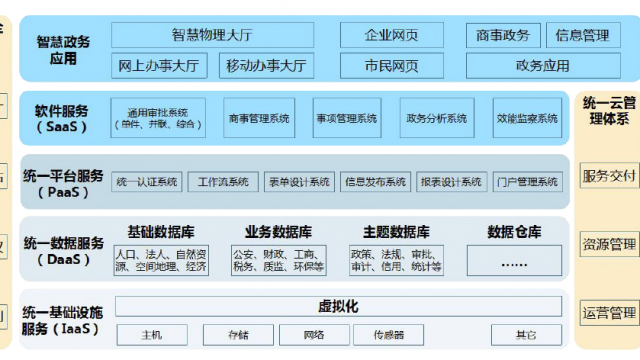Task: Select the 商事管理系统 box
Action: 258,118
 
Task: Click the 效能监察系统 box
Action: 527,118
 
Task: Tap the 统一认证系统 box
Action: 147,182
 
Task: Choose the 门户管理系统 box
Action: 527,182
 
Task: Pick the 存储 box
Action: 238,334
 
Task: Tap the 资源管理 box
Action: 609,244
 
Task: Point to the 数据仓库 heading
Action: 514,232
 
